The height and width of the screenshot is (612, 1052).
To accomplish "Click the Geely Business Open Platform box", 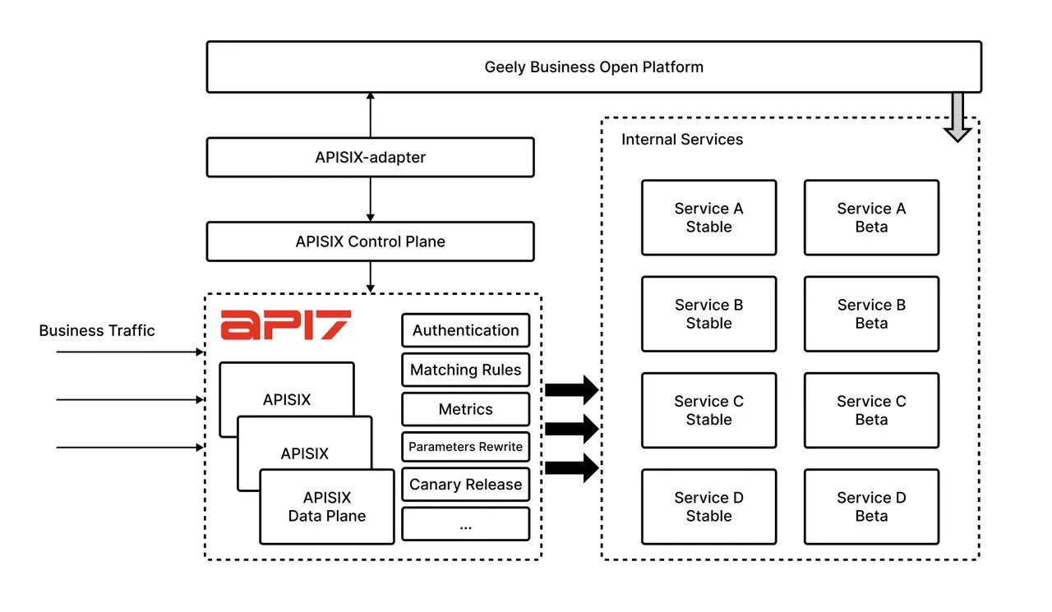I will coord(593,67).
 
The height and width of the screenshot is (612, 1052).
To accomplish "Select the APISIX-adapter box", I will coord(370,157).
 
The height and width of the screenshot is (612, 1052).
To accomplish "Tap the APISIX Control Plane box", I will coord(370,242).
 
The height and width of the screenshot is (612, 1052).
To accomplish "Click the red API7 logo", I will coord(285,325).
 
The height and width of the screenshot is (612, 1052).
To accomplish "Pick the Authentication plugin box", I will coord(465,330).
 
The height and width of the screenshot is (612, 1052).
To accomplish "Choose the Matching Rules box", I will coord(465,370).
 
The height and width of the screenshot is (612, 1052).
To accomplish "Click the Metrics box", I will coord(465,409).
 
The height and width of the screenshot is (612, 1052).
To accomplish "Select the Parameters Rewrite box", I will coord(465,447).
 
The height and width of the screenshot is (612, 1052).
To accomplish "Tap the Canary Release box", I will coord(465,485).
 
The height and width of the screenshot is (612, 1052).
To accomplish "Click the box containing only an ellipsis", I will coord(465,524).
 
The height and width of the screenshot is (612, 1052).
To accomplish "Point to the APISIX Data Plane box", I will coord(327,507).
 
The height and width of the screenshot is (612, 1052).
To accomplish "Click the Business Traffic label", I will coord(97,331).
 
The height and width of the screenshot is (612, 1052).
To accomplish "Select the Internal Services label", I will coord(681,140).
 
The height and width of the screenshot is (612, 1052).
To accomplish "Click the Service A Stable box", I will coord(708,218).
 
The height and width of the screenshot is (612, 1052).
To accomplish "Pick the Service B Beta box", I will coord(871,315).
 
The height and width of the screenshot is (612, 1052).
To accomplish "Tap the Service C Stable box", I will coord(708,411).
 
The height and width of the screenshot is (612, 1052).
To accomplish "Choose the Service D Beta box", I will coord(871,507).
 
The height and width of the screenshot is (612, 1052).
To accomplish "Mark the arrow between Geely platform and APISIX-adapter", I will coord(370,115).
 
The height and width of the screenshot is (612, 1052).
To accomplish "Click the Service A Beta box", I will coord(871,218).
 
